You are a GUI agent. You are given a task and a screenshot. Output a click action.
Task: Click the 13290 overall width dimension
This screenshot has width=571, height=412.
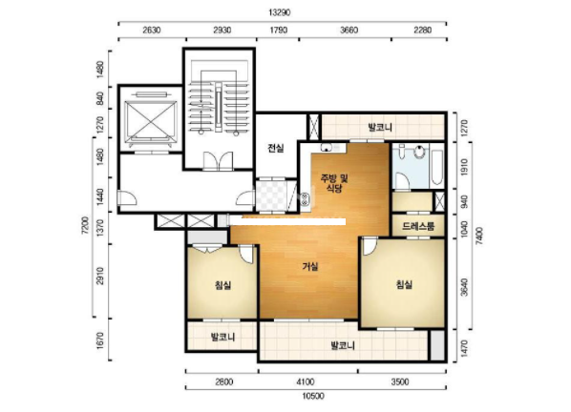280,12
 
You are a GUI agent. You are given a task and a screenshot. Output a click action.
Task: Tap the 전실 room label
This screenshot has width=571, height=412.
276,148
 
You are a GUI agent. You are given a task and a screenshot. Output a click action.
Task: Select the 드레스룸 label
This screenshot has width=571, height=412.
418,226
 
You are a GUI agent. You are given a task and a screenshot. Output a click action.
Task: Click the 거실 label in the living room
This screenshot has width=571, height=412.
310,266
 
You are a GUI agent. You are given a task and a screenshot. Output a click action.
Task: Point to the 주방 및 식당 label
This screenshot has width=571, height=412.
334,183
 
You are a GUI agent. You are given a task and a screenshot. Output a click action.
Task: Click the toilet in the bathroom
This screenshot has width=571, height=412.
419,152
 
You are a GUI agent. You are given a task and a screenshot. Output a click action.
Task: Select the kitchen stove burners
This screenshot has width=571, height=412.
306,199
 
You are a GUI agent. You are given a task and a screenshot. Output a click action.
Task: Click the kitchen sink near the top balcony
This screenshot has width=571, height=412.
327,147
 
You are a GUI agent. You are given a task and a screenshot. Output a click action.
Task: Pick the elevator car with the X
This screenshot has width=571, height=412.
151,121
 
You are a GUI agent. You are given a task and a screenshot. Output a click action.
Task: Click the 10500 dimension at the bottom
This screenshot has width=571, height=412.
313,396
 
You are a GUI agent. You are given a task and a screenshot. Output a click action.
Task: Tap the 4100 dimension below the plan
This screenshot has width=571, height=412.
306,381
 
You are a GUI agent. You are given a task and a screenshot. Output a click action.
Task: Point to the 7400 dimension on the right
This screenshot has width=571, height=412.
479,236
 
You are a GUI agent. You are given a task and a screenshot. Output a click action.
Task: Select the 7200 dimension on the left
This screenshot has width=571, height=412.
85,225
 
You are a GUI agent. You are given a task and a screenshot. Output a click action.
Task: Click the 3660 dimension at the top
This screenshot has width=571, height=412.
349,30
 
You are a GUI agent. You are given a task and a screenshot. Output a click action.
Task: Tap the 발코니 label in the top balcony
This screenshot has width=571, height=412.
380,127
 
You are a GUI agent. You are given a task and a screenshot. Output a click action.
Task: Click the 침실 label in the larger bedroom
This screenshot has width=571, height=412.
404,284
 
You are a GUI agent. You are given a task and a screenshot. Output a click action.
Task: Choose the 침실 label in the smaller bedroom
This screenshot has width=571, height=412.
222,285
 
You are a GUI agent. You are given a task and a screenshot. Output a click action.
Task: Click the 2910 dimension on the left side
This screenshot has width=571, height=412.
100,276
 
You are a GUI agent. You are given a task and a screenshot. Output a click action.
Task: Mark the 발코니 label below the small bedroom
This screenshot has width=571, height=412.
222,337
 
